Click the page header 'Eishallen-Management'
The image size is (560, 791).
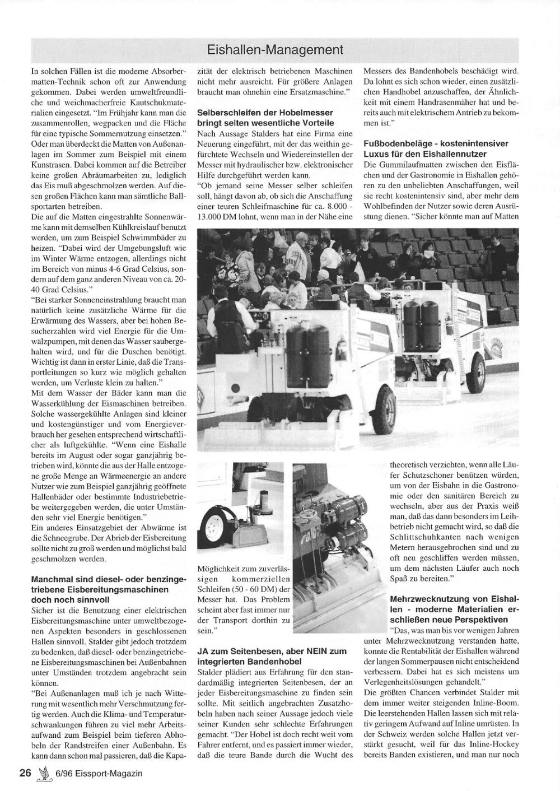[275, 49]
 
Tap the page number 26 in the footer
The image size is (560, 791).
[25, 773]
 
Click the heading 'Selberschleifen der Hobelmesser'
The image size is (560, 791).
[265, 113]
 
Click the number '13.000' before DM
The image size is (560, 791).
[211, 215]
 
